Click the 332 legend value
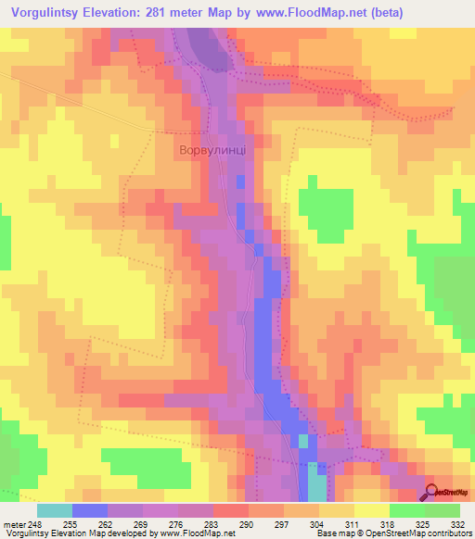click(458, 524)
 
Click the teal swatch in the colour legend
click(54, 510)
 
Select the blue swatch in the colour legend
click(89, 510)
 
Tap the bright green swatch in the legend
click(406, 510)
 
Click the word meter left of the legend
click(14, 524)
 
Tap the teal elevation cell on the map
click(316, 487)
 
